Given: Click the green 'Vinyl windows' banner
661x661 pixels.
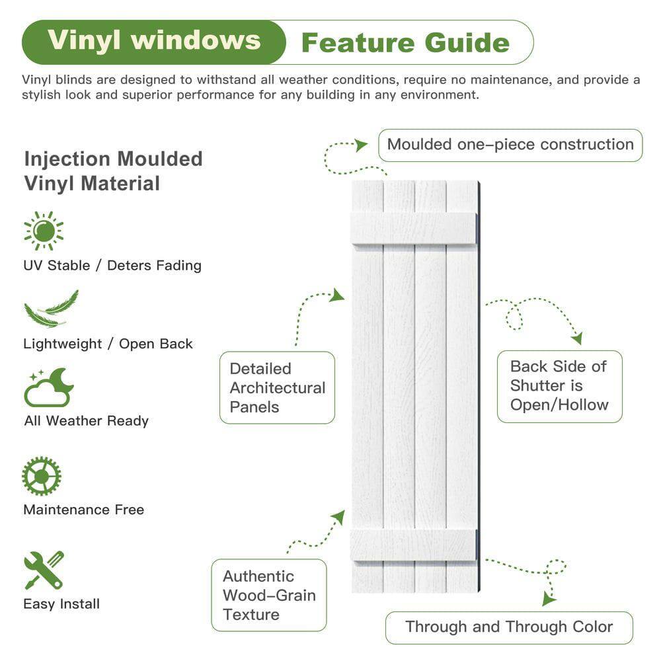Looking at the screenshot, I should click(153, 42).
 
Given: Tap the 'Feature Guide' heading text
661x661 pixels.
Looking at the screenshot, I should click(405, 43).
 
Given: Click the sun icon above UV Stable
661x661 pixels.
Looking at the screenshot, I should click(44, 231).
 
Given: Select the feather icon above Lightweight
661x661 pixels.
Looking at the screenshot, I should click(51, 309).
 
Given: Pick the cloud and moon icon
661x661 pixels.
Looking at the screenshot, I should click(48, 388).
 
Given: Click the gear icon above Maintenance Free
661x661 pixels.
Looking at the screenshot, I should click(41, 476).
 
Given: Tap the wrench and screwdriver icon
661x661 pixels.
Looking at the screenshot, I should click(44, 569).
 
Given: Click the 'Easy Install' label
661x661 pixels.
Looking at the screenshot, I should click(61, 603).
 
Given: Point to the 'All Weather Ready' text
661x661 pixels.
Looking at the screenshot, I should click(86, 420).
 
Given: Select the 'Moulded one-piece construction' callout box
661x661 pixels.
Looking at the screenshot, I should click(510, 145).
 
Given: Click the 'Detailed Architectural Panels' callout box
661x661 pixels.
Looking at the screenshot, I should click(277, 387).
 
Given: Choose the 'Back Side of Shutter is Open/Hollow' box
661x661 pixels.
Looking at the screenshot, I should click(559, 385).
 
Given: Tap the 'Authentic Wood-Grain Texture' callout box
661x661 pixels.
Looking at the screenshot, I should click(269, 595).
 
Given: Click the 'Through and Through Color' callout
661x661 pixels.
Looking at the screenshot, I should click(509, 627).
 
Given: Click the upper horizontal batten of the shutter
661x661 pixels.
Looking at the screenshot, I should click(413, 227).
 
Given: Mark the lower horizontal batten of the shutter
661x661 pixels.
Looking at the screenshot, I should click(413, 545).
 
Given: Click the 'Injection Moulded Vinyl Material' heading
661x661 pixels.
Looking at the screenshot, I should click(113, 171).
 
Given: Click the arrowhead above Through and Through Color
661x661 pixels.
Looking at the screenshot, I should click(548, 599).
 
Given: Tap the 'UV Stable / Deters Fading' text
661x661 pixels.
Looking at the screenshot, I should click(112, 265).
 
